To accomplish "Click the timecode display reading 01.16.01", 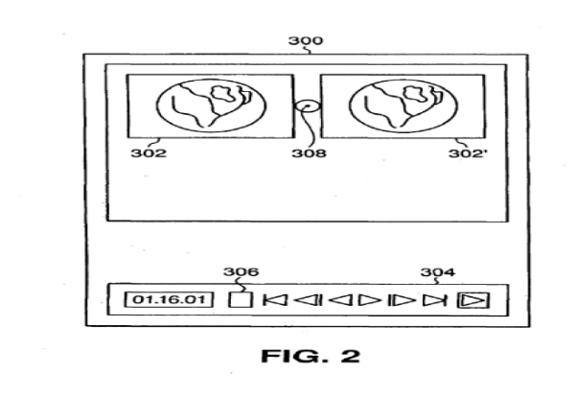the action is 169,299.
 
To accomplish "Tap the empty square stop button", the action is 241,299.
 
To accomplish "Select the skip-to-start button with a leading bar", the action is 275,300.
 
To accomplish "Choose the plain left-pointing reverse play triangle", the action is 341,300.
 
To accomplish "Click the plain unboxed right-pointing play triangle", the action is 370,300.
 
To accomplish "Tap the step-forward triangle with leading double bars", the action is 402,300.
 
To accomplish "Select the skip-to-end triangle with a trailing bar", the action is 434,300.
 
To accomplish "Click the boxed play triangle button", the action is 473,300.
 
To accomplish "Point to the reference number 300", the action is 306,40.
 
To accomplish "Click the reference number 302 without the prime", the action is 149,152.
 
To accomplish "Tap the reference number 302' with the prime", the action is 469,153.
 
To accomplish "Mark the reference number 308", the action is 309,152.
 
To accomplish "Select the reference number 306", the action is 241,272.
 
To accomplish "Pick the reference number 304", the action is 438,272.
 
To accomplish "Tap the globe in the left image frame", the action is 211,105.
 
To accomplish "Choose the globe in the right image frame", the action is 403,105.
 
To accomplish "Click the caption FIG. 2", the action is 310,356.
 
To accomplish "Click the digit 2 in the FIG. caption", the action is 351,356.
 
